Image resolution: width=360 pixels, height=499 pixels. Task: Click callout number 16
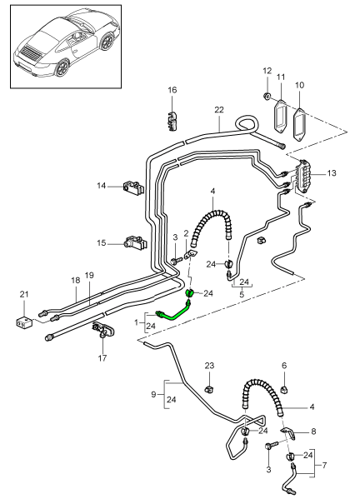click(172, 90)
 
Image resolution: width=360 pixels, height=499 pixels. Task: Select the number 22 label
click(219, 110)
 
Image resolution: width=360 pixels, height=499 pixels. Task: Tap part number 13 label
click(332, 173)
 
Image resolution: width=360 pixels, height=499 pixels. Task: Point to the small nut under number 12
click(267, 95)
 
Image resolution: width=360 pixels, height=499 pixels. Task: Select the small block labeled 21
click(24, 322)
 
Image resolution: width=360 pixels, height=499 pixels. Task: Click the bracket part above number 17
click(102, 330)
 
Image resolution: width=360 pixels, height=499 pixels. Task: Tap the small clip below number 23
click(209, 388)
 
